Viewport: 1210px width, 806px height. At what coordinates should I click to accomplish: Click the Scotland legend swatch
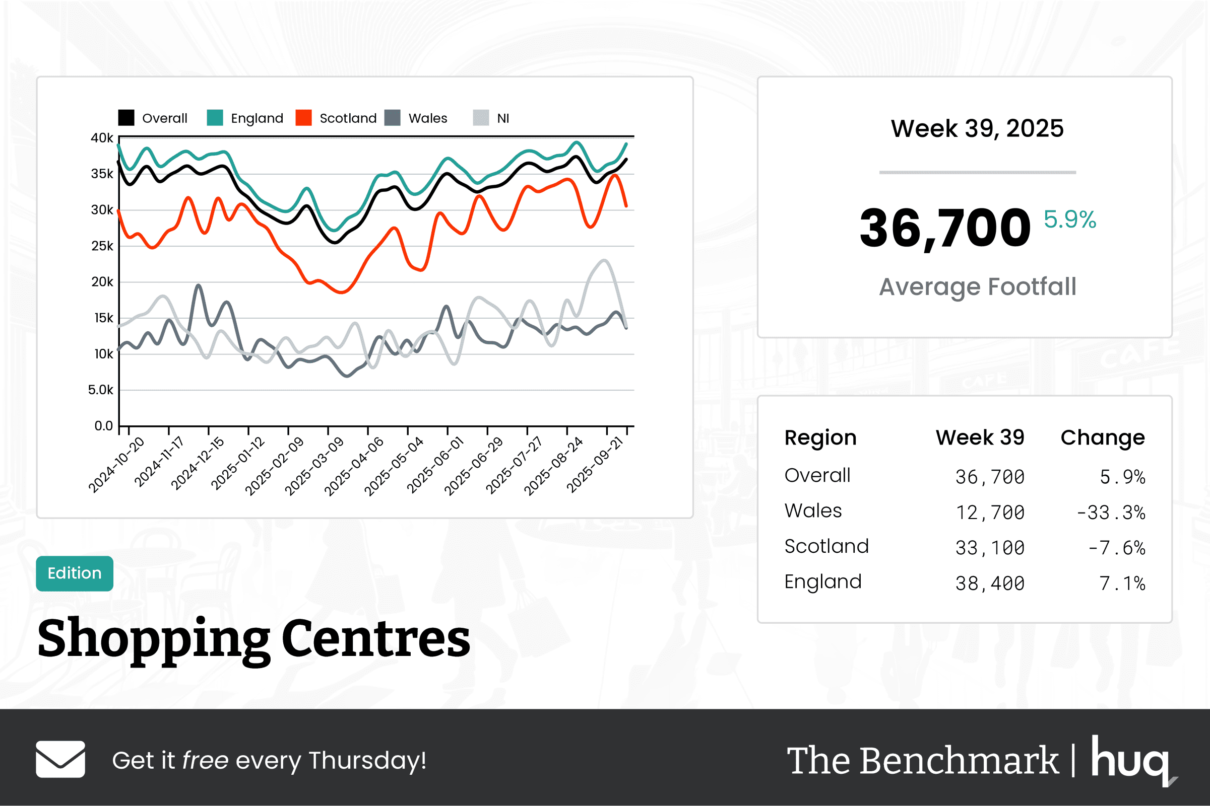pos(303,118)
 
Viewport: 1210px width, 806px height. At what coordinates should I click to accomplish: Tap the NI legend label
pos(502,118)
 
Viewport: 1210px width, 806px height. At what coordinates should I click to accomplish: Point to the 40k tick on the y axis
pos(102,138)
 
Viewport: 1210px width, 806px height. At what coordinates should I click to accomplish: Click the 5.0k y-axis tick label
pos(100,390)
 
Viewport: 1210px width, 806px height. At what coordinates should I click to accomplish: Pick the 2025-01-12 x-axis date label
pos(238,463)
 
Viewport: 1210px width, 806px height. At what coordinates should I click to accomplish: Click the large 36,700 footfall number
pos(944,228)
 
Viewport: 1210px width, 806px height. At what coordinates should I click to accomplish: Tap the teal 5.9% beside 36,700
pos(1069,219)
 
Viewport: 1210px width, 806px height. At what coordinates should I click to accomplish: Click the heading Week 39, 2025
pos(977,128)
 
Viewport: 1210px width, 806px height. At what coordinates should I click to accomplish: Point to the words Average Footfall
pos(977,286)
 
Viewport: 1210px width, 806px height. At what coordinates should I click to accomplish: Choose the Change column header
pos(1102,437)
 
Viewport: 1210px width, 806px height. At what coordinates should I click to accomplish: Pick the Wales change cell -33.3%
pos(1111,512)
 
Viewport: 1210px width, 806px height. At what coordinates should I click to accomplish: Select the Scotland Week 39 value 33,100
pos(989,548)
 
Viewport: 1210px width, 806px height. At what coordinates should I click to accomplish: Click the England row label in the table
pos(822,582)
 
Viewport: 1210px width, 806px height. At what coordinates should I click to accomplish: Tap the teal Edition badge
pos(75,573)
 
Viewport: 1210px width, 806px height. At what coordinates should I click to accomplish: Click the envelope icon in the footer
pos(60,759)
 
